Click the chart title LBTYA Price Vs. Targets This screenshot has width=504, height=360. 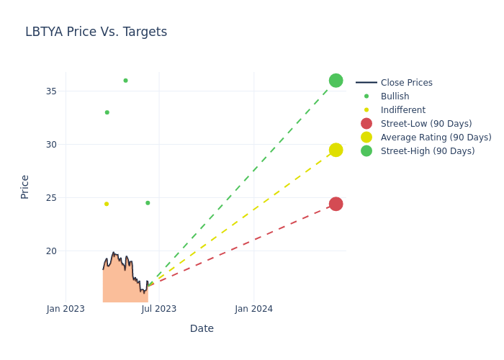tap(96, 32)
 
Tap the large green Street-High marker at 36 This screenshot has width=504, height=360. tap(336, 81)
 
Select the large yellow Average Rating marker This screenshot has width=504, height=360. tap(336, 150)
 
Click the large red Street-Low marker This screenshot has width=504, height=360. tap(336, 204)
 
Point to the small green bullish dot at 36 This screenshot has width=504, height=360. tap(125, 81)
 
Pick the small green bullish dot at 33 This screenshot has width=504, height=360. tap(107, 112)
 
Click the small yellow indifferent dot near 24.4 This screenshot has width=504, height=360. tap(107, 204)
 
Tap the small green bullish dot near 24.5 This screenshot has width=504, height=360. tap(148, 203)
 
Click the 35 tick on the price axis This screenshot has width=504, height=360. tap(51, 91)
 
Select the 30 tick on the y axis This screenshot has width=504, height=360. tap(51, 145)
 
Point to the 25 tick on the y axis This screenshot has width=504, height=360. tap(51, 198)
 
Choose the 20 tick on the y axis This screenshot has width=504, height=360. tap(51, 251)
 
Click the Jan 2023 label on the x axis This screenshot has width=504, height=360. tap(66, 309)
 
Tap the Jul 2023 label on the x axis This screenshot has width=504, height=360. tap(159, 309)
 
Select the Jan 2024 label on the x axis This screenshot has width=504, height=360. tap(254, 309)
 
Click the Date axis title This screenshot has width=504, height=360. tap(202, 329)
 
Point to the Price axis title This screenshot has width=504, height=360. tap(25, 186)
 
